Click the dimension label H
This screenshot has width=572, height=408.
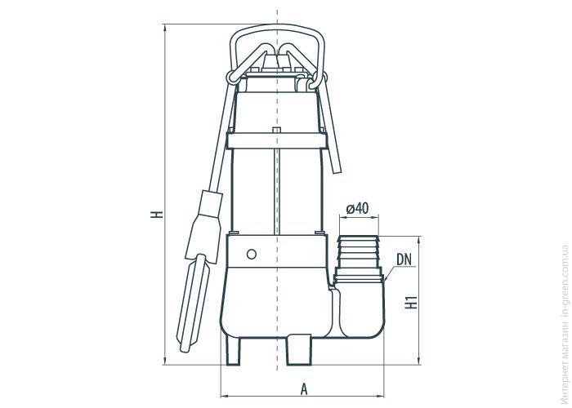point(157,214)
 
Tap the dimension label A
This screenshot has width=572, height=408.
point(304,388)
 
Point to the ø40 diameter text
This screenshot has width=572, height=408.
point(357,208)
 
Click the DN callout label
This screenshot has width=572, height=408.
point(404,259)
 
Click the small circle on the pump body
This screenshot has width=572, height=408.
point(252,254)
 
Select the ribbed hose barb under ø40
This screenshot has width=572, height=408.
point(359,251)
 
